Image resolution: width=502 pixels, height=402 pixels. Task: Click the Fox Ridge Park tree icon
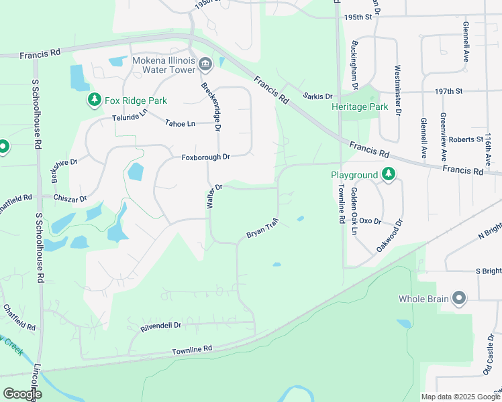(x=95, y=100)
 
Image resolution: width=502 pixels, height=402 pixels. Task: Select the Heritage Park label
(x=360, y=107)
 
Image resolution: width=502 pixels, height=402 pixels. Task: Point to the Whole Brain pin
(x=459, y=299)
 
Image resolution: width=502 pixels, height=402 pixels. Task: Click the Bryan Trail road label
(x=262, y=230)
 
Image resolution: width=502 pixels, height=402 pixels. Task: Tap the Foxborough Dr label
(x=205, y=157)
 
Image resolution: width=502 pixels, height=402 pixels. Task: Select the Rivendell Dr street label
(x=161, y=326)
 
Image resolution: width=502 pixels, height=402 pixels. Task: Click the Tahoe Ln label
(x=180, y=123)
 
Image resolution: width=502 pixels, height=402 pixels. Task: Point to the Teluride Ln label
(x=129, y=117)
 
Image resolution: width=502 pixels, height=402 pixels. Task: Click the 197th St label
(x=449, y=90)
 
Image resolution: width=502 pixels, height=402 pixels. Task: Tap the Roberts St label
(x=466, y=140)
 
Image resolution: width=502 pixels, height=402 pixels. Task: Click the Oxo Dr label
(x=370, y=220)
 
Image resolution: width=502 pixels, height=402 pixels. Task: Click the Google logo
(x=22, y=394)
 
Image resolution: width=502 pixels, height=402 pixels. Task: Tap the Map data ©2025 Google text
(x=460, y=397)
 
